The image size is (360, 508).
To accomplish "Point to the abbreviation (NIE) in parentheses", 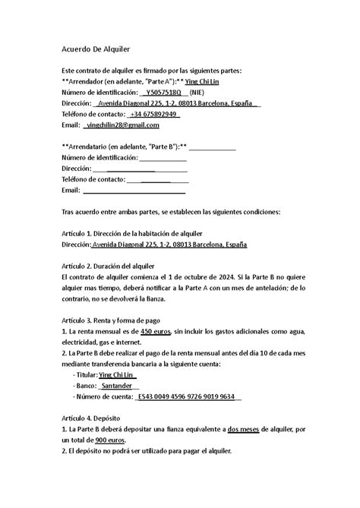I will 201,92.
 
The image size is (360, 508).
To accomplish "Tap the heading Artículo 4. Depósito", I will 95,418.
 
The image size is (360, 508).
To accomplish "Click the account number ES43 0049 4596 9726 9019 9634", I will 188,396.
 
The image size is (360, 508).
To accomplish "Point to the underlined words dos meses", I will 248,429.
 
